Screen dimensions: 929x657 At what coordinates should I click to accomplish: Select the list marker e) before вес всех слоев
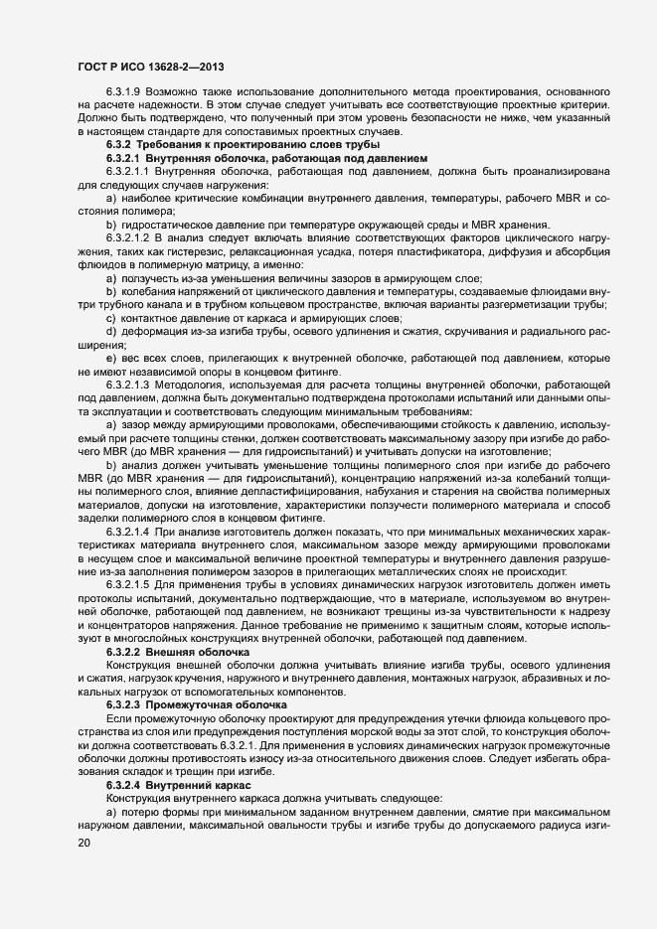pyautogui.click(x=110, y=357)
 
